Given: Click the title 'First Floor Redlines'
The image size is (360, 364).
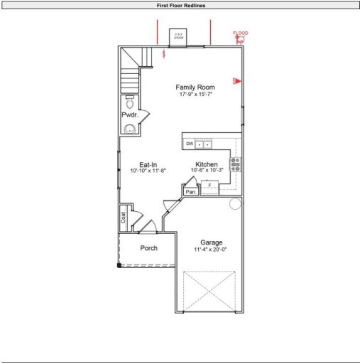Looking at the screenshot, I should click(180, 5).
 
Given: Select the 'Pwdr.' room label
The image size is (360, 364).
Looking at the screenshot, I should click(129, 114).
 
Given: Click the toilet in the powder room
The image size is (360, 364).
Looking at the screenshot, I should click(129, 101).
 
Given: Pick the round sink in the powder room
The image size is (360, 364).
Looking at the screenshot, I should click(129, 128).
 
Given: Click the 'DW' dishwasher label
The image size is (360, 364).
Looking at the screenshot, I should click(190, 144).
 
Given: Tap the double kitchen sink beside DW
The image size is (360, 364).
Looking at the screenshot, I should click(203, 144).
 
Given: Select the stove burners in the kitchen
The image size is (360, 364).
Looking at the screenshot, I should click(236, 164).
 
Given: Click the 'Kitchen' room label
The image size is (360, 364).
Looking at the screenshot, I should click(207, 164).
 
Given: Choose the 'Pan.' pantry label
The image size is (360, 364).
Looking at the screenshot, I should click(190, 192).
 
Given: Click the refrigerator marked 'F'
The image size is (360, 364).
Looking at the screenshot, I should click(209, 186).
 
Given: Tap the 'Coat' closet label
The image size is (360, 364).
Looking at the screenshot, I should click(124, 219).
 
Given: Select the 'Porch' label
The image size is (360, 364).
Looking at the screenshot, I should click(148, 248).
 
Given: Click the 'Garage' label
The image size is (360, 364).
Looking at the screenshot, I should click(212, 242).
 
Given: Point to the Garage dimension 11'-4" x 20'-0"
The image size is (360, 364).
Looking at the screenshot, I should click(212, 250).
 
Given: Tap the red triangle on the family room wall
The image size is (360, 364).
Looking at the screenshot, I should click(237, 80).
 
